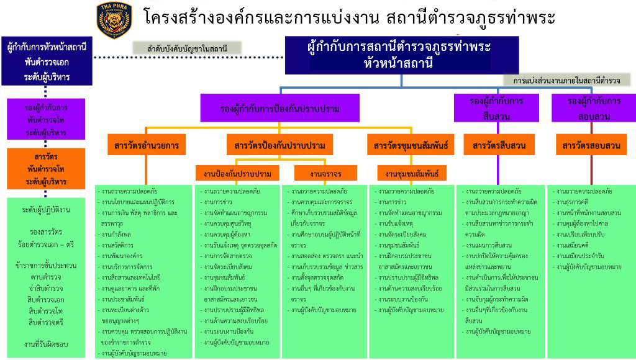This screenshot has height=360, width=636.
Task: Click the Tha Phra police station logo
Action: (114, 19)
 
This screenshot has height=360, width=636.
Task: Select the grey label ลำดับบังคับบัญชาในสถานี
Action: (187, 48)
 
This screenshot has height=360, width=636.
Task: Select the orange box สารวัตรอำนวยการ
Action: (146, 146)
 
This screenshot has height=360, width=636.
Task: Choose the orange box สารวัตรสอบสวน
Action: (591, 146)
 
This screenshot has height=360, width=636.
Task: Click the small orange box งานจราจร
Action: (317, 173)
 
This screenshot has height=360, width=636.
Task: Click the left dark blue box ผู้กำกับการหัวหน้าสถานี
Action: (47, 61)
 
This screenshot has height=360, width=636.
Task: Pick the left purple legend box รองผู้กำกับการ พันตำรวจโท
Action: (47, 118)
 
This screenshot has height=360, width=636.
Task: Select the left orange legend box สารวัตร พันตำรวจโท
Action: (47, 168)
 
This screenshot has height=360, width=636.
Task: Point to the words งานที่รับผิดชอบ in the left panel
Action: (46, 343)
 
